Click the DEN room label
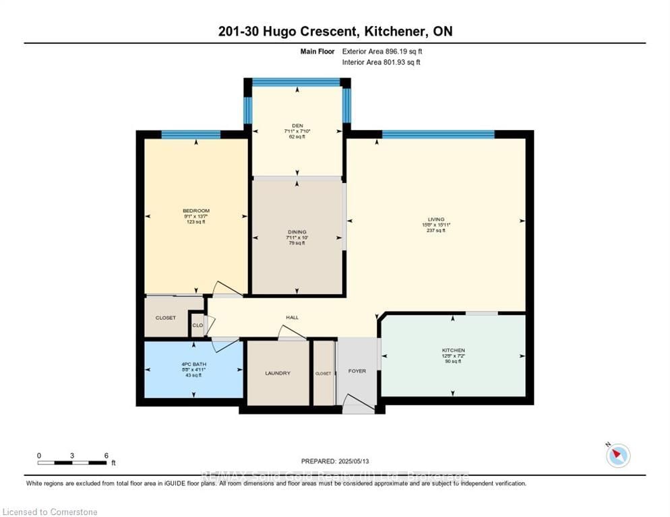tap(297, 125)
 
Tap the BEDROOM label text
tap(196, 211)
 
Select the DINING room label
tap(297, 232)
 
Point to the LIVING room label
tap(436, 219)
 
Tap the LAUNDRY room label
tap(277, 373)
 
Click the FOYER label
tap(357, 371)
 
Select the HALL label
tap(292, 318)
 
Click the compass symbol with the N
tap(617, 456)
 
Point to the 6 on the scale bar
tap(106, 455)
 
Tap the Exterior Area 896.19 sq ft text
tap(382, 51)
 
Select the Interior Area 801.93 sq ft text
tap(381, 63)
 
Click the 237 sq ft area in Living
tap(436, 230)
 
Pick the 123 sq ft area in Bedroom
tap(196, 222)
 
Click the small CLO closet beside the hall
tap(197, 325)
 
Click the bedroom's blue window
tap(191, 134)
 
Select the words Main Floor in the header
tap(317, 51)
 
